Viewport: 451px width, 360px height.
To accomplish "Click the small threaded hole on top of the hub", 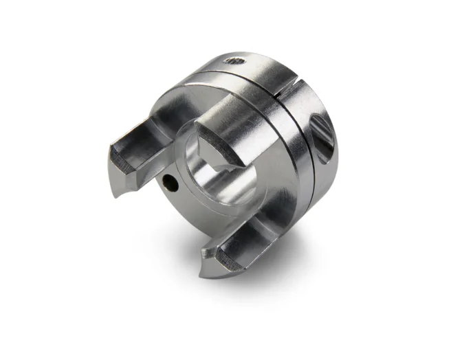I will point(234,62).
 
